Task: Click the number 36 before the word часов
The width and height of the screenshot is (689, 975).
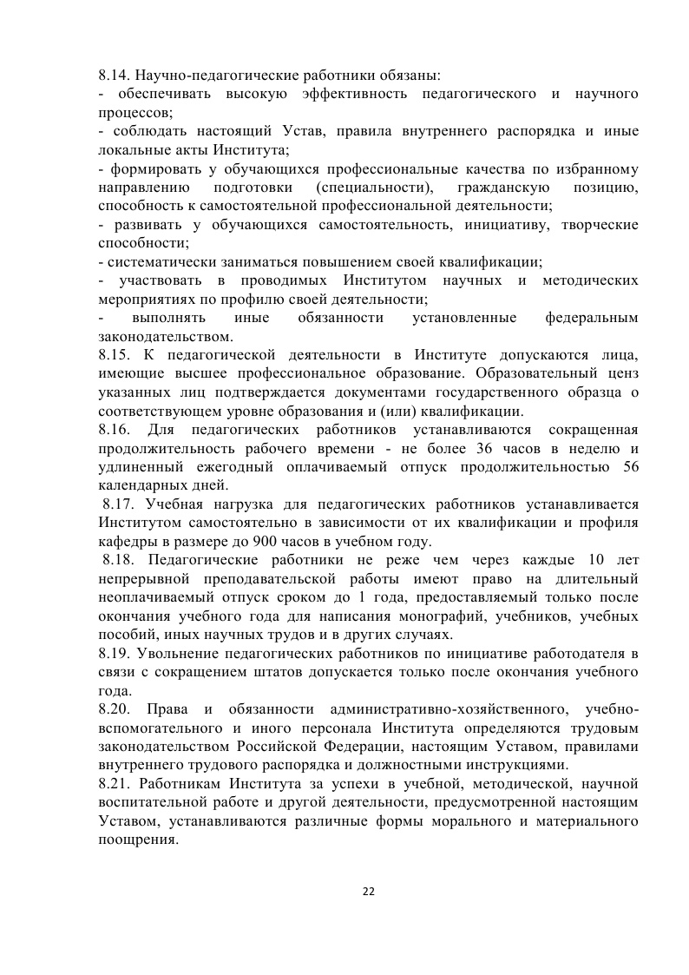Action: (488, 449)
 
